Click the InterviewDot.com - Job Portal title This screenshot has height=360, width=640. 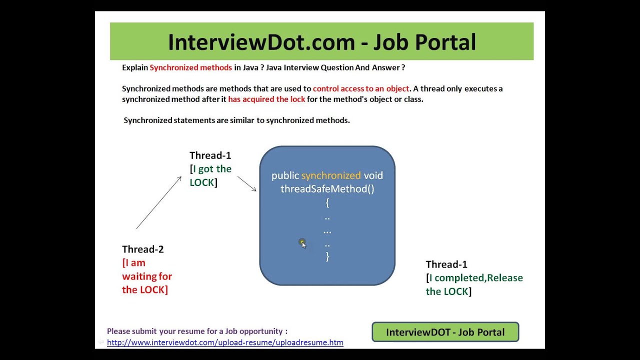coord(321,42)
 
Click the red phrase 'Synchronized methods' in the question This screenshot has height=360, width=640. coord(190,67)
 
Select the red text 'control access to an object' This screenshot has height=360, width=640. coord(361,88)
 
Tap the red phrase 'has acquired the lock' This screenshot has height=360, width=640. coord(266,99)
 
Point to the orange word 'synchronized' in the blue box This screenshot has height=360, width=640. coord(330,175)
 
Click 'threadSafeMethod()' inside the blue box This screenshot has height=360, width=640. coord(327,188)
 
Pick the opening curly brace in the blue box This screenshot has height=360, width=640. coord(327,202)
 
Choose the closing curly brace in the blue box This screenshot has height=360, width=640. coord(327,256)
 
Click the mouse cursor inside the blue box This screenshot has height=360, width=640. coord(303,243)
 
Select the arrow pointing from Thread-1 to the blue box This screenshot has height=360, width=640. coord(247,183)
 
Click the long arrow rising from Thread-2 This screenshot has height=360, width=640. coord(158,202)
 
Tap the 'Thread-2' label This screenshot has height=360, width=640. coord(142,249)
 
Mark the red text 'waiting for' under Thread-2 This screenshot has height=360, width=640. coord(147,276)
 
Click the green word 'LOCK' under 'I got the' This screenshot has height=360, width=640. coord(201,182)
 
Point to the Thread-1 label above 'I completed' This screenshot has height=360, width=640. coord(446,264)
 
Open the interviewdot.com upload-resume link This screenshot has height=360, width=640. coord(225,342)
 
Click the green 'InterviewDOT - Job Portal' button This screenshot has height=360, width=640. coord(445,332)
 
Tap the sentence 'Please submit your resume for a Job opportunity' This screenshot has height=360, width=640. coord(197,331)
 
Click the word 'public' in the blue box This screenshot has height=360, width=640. coord(285,175)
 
